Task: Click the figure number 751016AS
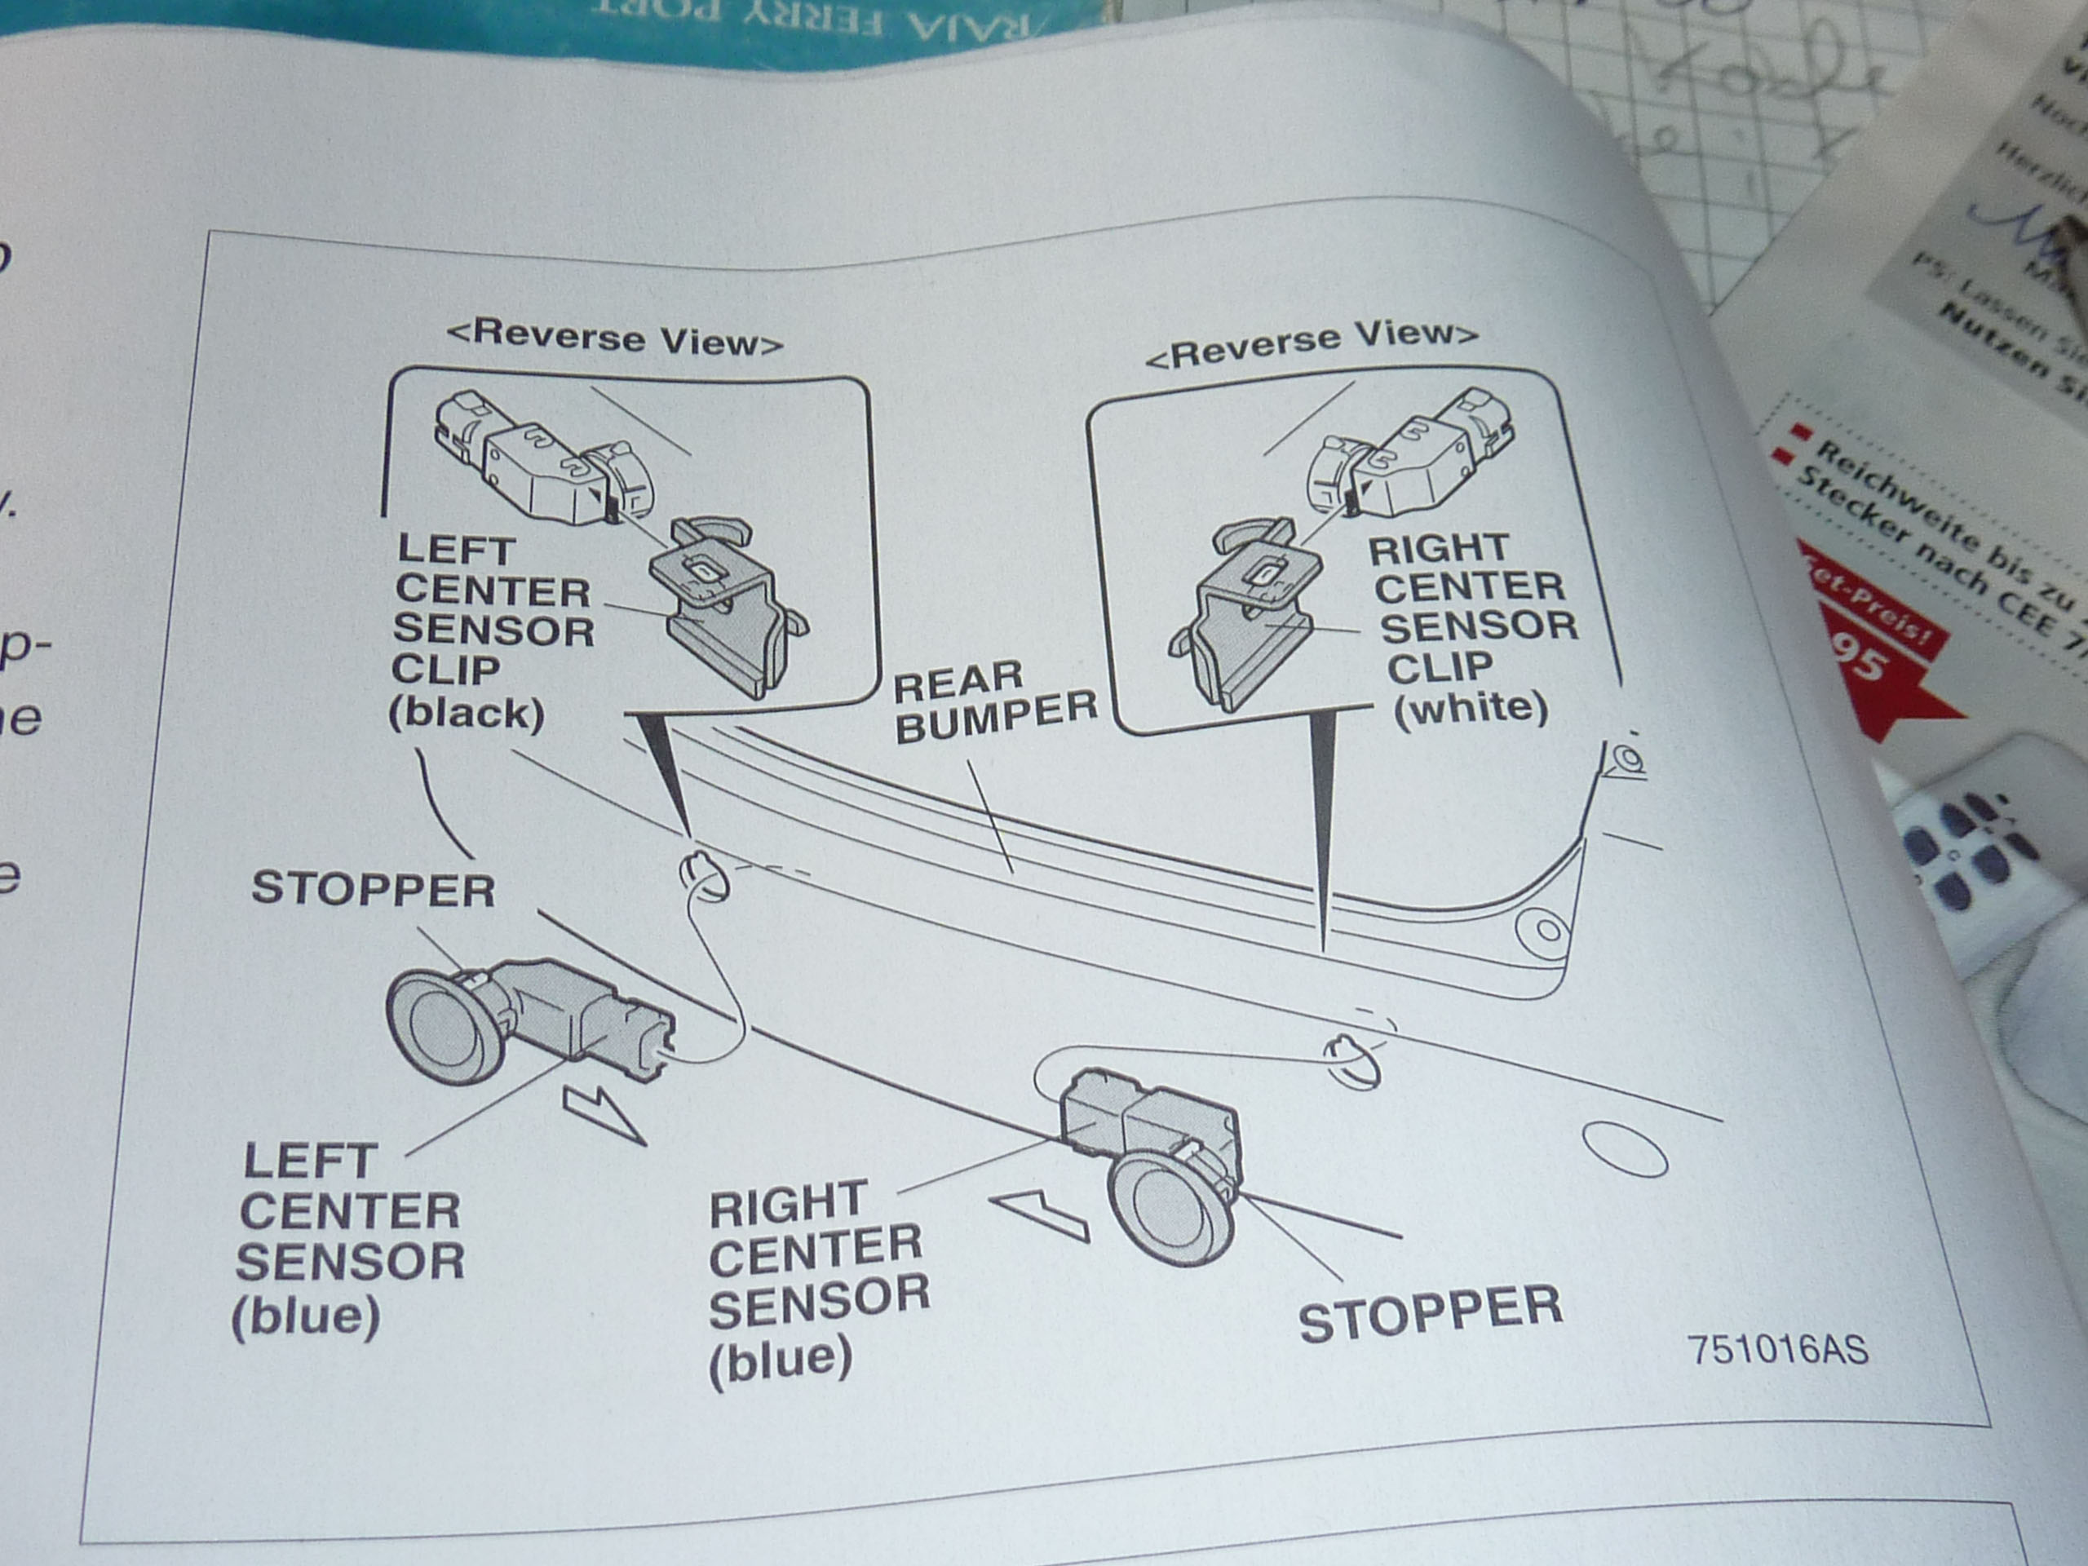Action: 1777,1349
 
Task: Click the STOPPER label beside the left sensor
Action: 374,889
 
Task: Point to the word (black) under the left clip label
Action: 467,713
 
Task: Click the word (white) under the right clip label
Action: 1471,707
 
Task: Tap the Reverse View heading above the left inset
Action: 614,338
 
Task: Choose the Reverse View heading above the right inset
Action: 1312,343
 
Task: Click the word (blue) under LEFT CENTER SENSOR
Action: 306,1316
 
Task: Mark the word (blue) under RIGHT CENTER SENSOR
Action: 781,1360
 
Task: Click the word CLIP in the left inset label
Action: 445,670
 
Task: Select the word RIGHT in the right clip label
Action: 1439,548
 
